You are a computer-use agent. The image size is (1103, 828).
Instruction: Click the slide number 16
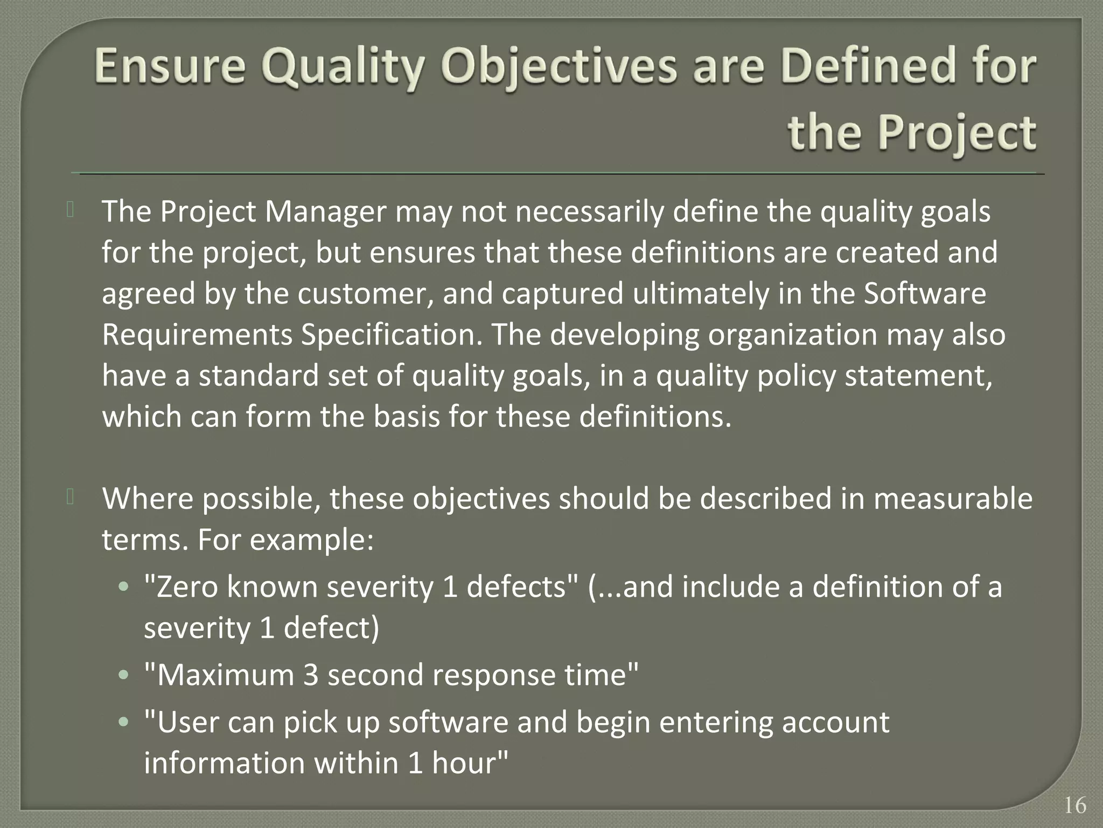1075,805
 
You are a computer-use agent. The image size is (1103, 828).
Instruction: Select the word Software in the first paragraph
925,294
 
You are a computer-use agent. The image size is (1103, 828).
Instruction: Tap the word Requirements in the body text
197,335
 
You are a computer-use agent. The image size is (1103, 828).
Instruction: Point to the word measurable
953,499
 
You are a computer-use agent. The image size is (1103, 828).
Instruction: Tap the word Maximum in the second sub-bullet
226,675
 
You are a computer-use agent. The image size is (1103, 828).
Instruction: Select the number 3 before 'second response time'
311,675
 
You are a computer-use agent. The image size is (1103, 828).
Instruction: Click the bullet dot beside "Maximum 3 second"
124,675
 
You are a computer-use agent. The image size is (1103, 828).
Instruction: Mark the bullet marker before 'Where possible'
70,498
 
